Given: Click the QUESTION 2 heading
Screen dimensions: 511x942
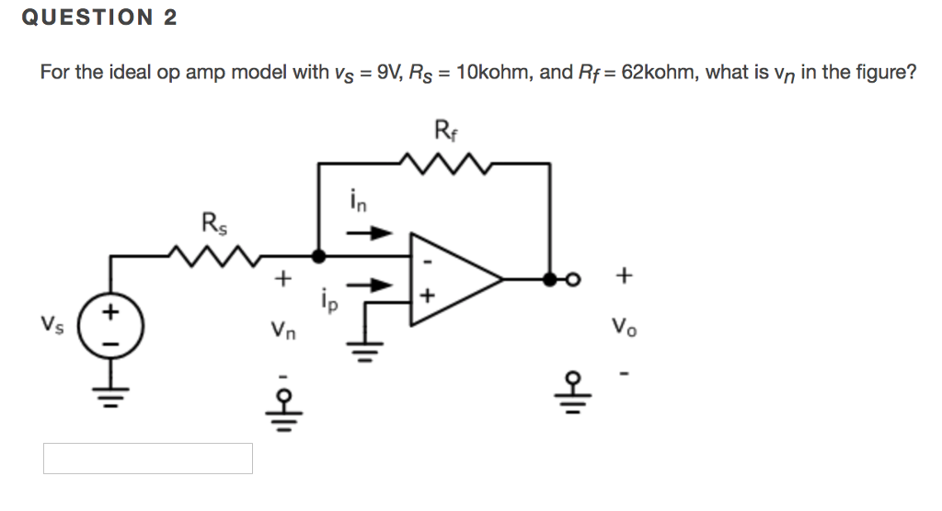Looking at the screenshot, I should click(98, 17).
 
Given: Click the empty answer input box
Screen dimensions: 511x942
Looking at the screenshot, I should click(147, 459).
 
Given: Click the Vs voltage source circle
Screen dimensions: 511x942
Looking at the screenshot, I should click(112, 326).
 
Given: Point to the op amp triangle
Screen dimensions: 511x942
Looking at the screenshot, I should click(451, 277).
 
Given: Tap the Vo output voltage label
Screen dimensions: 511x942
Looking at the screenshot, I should click(625, 326).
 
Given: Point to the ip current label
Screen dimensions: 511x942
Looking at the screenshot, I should click(328, 300).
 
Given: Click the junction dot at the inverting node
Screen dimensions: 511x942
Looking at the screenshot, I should click(318, 256).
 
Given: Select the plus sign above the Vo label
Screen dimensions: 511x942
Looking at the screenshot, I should click(626, 273).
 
